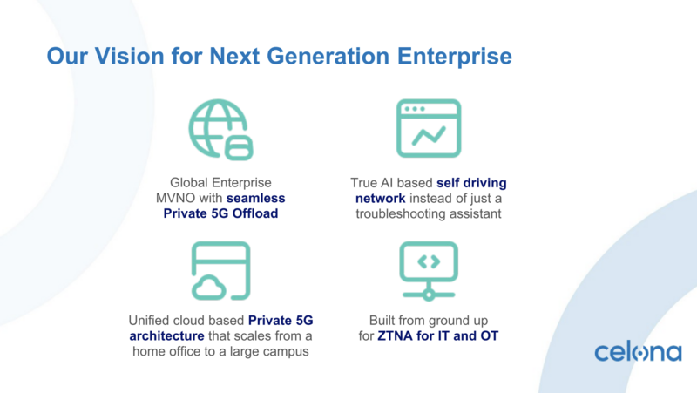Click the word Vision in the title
click(x=129, y=56)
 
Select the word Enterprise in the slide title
click(x=454, y=57)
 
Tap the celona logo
click(x=638, y=352)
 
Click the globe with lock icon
click(x=221, y=129)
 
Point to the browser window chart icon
click(x=429, y=128)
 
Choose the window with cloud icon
click(x=221, y=271)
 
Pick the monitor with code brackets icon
click(x=429, y=271)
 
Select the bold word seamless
click(x=255, y=199)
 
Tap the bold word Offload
click(x=255, y=213)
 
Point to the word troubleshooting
click(x=401, y=214)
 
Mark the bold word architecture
click(x=166, y=336)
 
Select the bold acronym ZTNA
click(x=396, y=336)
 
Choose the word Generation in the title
click(x=328, y=56)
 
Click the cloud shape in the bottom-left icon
click(x=208, y=288)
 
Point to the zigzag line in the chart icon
click(x=429, y=136)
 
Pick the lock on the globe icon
click(x=239, y=148)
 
